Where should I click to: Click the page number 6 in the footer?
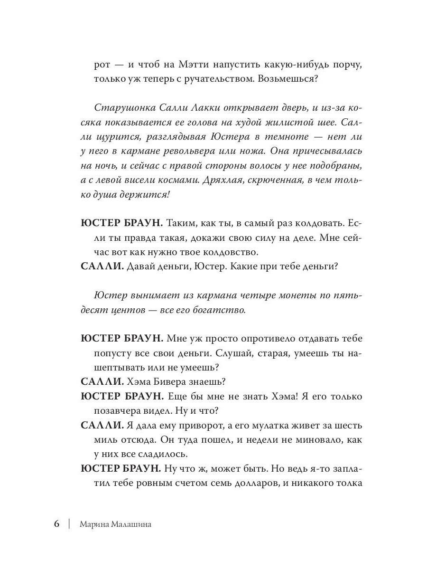[x=56, y=524]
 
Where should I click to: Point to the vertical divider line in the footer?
[x=69, y=524]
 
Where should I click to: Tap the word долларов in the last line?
[x=246, y=483]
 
